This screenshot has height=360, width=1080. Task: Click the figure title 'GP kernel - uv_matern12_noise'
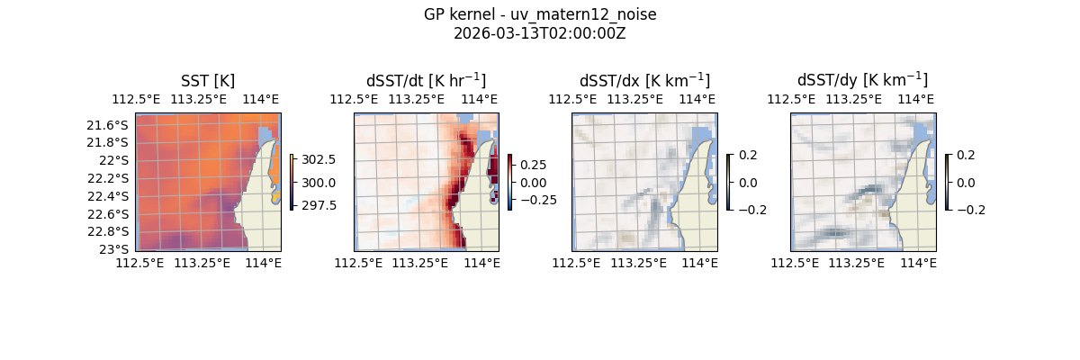[540, 14]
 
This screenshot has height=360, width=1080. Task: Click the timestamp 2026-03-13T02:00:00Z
[540, 33]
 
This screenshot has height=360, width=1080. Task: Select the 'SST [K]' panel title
[208, 81]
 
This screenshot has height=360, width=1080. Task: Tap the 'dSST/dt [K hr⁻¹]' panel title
[426, 81]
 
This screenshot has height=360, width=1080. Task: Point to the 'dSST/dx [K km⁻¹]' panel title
[644, 81]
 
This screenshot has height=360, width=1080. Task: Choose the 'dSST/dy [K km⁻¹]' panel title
[862, 81]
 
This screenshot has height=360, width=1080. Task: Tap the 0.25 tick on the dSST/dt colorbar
[533, 166]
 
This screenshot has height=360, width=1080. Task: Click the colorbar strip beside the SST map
[292, 182]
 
